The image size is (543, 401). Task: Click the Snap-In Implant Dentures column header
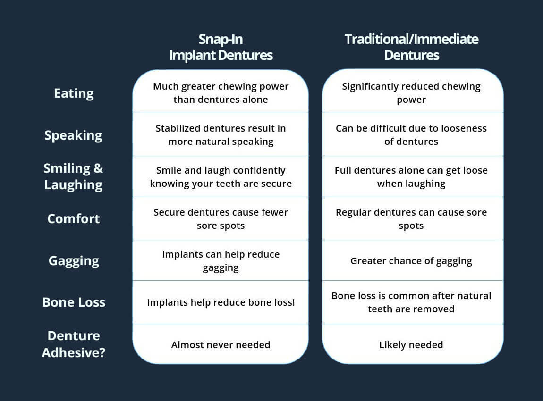coord(221,47)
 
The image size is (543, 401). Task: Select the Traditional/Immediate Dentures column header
coord(411,47)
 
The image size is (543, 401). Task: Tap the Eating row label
coord(74,93)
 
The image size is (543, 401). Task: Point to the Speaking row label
coord(73,135)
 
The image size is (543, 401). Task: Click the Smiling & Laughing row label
coord(73,176)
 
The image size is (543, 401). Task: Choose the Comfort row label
coord(74,219)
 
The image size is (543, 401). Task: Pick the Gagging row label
coord(74,261)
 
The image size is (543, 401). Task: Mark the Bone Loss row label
coord(74,302)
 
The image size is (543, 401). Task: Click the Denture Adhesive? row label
coord(73,344)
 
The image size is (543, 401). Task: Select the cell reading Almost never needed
coord(221,345)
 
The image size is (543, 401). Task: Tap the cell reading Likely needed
coord(411,345)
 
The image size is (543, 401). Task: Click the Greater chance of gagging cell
coord(411,261)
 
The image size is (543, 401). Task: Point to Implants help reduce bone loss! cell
coord(221,302)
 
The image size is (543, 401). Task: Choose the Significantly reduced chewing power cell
coord(411,93)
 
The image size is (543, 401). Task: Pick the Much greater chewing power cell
coord(221,93)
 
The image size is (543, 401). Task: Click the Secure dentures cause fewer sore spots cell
coord(221,219)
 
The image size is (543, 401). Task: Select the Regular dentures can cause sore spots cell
coord(411,219)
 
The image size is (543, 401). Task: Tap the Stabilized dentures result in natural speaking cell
coord(221,135)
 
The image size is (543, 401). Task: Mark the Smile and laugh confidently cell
coord(221,176)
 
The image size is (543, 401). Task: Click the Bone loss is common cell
coord(411,302)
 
